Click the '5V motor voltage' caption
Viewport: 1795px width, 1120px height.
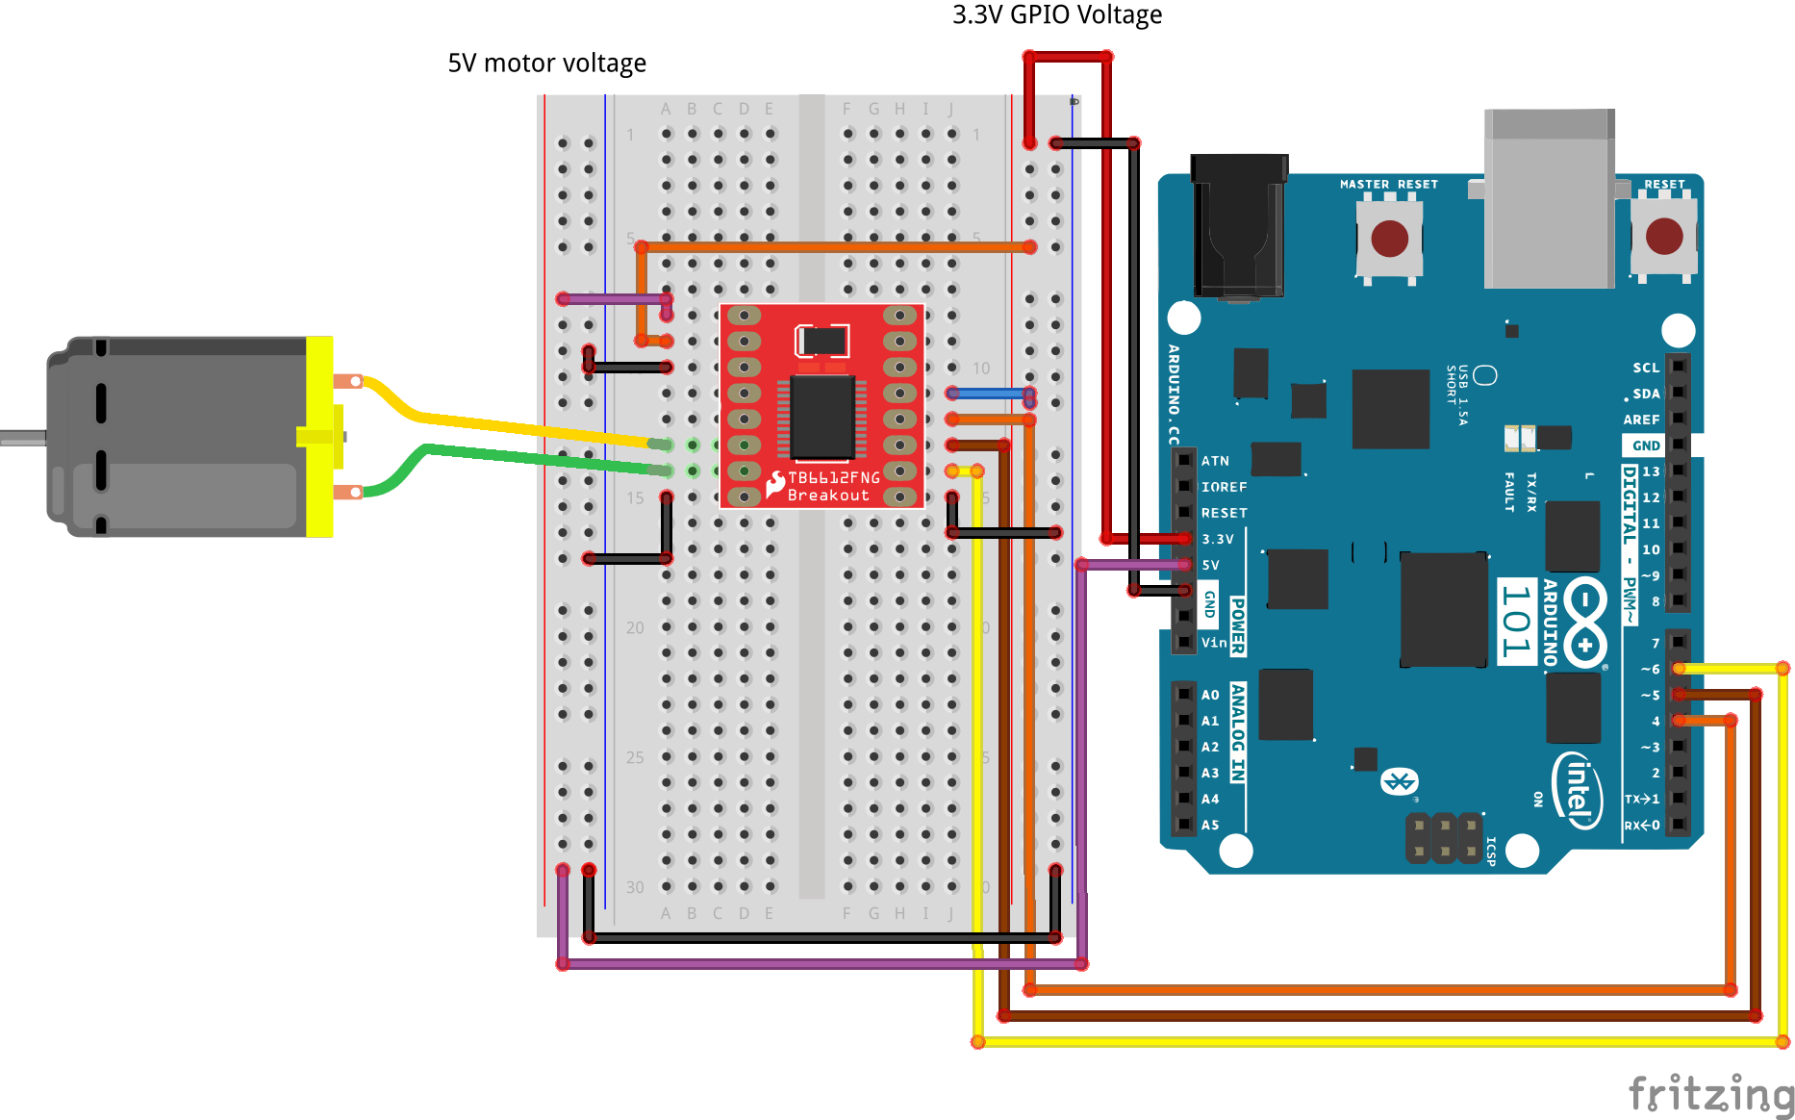546,64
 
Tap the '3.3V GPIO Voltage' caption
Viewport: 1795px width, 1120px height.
1056,15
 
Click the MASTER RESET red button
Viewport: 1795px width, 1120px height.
1389,238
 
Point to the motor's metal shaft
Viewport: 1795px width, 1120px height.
21,437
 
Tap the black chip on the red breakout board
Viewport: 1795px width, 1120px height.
822,417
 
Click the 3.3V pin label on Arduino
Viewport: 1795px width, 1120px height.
1217,540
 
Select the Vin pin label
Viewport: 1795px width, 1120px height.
1214,643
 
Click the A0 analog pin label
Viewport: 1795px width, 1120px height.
1210,695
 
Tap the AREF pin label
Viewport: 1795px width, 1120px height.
1641,420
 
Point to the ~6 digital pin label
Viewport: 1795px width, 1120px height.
1650,669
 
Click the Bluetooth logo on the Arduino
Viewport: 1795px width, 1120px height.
1400,781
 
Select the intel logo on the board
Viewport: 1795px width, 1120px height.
1578,790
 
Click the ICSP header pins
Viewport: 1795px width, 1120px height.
1444,837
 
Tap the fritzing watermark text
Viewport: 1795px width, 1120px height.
1710,1095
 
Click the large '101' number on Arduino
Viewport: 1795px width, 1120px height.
1516,622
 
